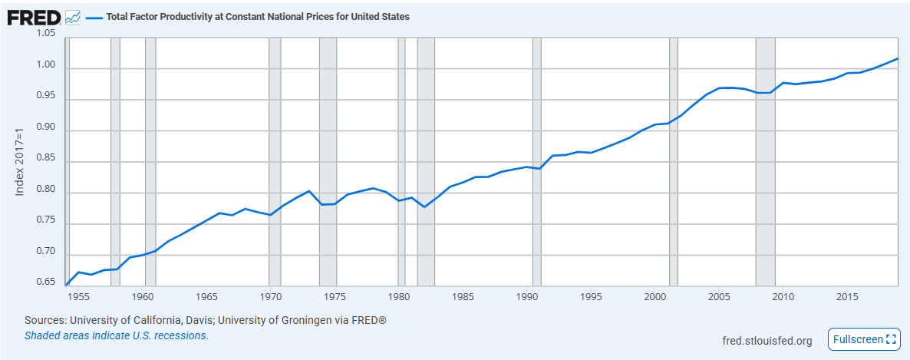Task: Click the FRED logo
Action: click(x=34, y=16)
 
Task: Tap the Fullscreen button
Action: click(x=863, y=339)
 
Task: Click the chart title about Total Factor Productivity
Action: click(x=259, y=17)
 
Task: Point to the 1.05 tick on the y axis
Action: click(x=45, y=34)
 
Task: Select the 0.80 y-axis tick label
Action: click(x=45, y=193)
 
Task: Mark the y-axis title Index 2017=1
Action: click(x=21, y=160)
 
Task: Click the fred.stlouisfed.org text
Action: click(x=767, y=340)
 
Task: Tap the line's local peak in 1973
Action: click(x=308, y=191)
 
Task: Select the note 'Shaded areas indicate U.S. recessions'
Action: click(x=117, y=335)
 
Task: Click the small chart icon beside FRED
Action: click(x=73, y=17)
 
